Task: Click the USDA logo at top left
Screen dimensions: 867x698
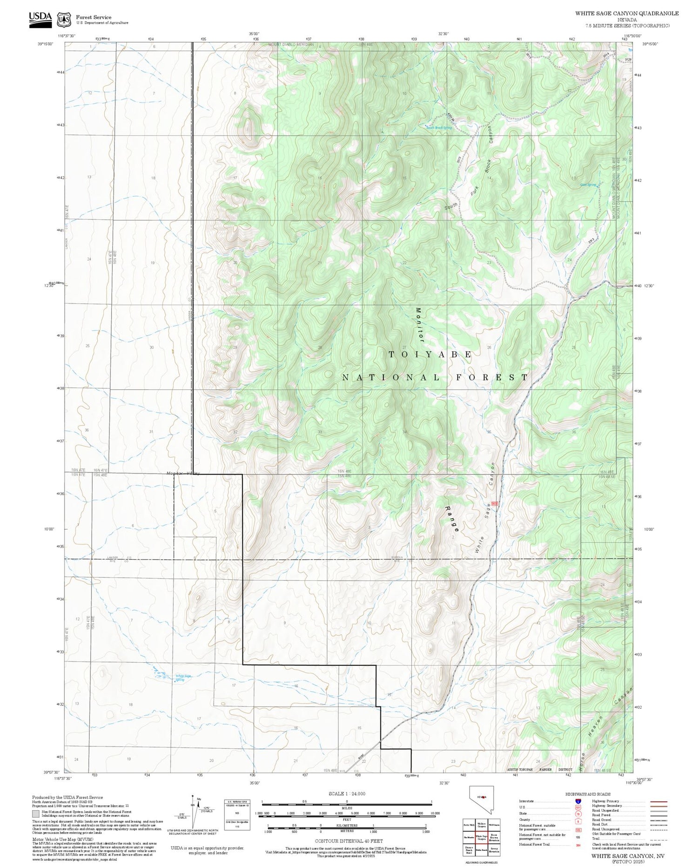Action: tap(40, 19)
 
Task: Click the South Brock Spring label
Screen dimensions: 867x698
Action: tap(439, 128)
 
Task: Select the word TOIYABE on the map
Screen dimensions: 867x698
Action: tap(430, 354)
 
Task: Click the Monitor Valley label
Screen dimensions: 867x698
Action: tap(183, 474)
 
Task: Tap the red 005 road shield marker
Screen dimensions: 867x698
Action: tap(494, 504)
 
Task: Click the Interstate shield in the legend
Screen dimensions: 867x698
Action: tap(578, 801)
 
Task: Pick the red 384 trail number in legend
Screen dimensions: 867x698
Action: tap(578, 845)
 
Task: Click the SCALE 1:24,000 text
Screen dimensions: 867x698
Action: tap(347, 794)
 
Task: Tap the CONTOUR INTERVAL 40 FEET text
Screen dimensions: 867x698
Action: tap(349, 841)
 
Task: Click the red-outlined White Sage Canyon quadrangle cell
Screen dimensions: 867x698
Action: tap(482, 838)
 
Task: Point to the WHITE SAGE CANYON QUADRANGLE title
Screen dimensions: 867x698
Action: tap(627, 13)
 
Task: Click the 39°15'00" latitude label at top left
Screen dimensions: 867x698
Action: tap(46, 44)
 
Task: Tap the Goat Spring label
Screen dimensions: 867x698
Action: tap(588, 185)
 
